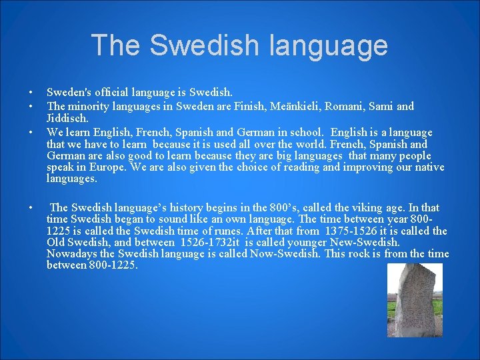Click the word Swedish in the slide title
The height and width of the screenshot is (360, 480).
pyautogui.click(x=204, y=45)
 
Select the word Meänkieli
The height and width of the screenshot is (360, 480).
pyautogui.click(x=305, y=106)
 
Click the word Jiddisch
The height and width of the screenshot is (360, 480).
pyautogui.click(x=67, y=118)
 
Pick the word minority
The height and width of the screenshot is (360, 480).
pyautogui.click(x=89, y=106)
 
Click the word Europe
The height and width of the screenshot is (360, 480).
pyautogui.click(x=111, y=167)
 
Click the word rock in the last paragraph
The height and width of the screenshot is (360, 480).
pyautogui.click(x=375, y=254)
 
